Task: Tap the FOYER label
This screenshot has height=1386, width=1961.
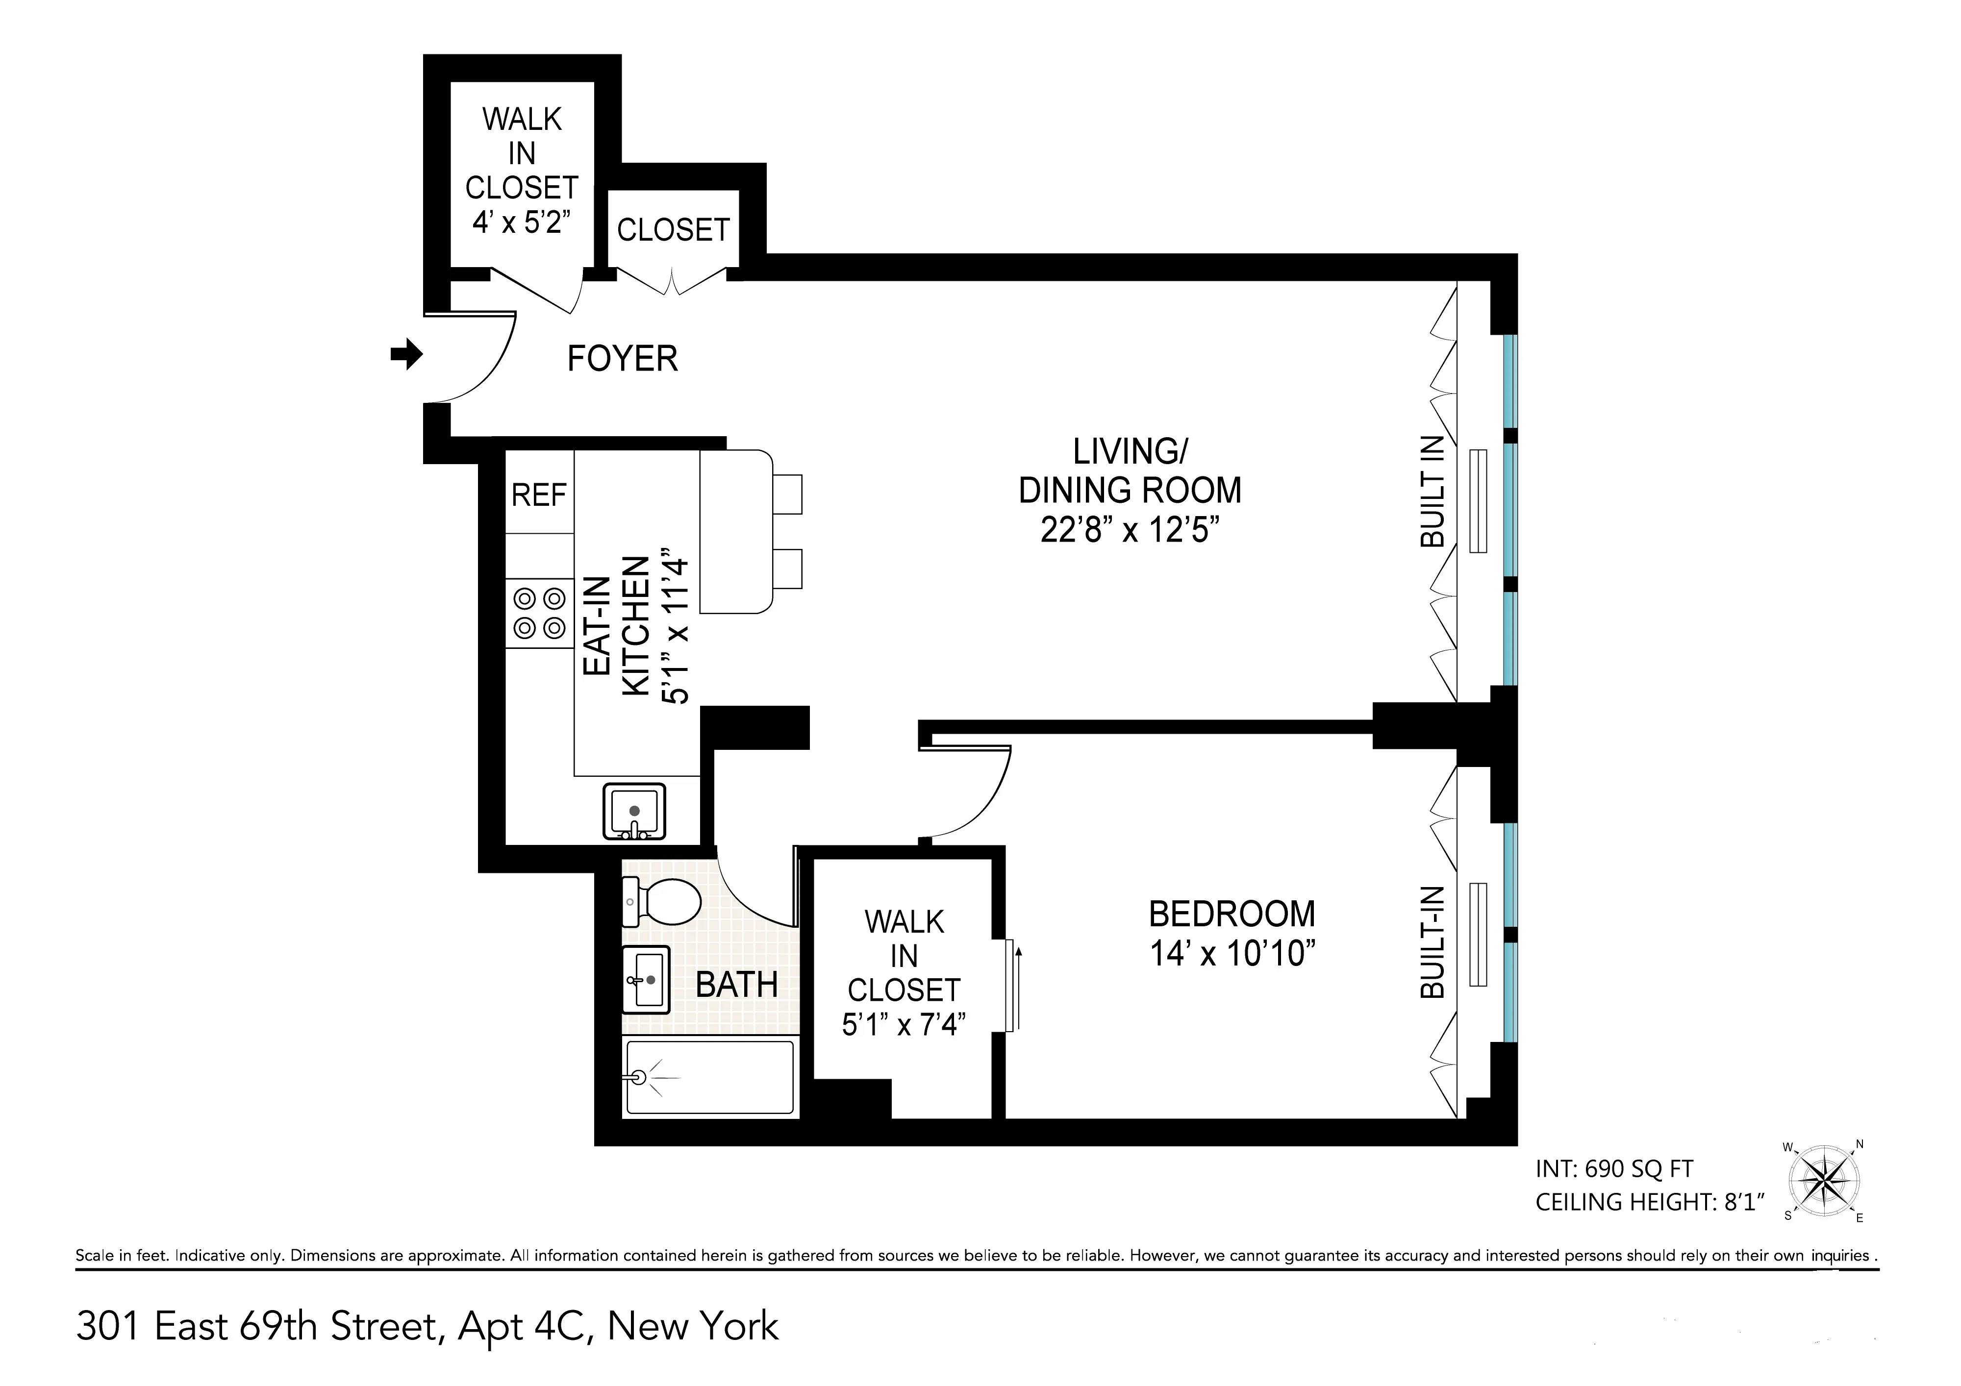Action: (623, 359)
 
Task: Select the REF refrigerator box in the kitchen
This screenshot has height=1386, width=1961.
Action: (539, 495)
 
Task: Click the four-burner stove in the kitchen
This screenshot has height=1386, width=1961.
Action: (539, 613)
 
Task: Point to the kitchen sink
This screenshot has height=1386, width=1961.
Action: (634, 811)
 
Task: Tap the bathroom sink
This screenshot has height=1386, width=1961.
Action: (646, 980)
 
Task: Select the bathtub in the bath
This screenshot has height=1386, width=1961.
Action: (710, 1078)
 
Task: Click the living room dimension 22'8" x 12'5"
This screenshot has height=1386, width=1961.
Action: (1129, 530)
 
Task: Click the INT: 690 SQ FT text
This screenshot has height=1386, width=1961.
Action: (1613, 1168)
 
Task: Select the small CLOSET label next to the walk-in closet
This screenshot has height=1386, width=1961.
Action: (673, 230)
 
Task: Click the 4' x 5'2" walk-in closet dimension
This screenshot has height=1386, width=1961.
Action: (522, 222)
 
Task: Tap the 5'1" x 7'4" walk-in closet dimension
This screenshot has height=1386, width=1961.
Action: (904, 1023)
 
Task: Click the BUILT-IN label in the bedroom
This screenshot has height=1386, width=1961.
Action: (1433, 943)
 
